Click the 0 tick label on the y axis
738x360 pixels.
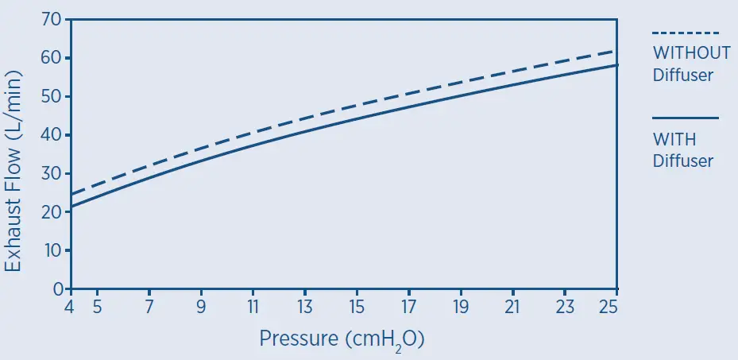57,289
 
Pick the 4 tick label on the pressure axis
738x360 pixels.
71,307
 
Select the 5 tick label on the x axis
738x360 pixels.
97,307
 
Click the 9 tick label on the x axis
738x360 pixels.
201,307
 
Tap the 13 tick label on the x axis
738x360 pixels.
305,307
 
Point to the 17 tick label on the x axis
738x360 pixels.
409,307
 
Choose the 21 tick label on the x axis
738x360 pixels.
512,307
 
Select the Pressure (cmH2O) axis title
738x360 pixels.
342,339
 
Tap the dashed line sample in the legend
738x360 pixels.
685,33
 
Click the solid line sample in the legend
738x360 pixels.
685,118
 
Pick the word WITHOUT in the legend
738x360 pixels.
691,53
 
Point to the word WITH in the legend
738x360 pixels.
674,139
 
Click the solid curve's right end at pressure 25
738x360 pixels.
617,65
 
